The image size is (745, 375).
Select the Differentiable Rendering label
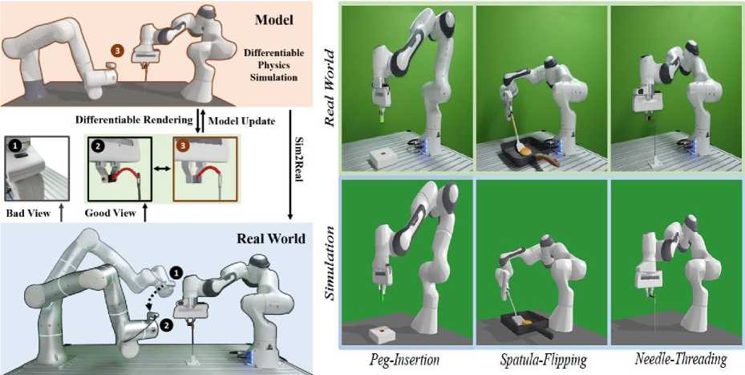click(x=134, y=120)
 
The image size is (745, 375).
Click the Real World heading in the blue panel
click(x=270, y=238)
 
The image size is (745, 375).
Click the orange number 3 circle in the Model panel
click(x=118, y=51)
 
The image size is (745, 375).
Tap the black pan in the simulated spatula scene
click(x=524, y=323)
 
